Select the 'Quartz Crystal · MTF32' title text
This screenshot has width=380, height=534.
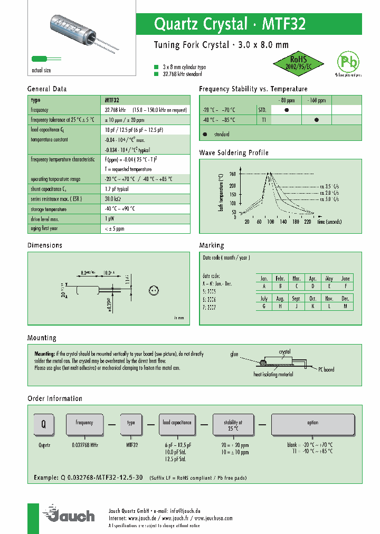click(x=230, y=24)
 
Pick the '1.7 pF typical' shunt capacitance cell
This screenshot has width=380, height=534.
click(x=117, y=188)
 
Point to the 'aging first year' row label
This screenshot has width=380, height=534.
click(x=45, y=228)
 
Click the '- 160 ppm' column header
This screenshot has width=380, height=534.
click(x=317, y=100)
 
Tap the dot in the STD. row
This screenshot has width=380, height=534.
click(x=287, y=110)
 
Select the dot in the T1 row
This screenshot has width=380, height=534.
click(x=317, y=120)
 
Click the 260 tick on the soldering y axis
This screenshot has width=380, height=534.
click(x=233, y=174)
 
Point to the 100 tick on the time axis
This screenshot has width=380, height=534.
click(x=271, y=222)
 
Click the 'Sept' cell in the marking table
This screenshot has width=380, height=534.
click(x=296, y=299)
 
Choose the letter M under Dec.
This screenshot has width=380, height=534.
click(x=345, y=306)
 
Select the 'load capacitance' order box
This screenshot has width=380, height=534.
click(x=177, y=424)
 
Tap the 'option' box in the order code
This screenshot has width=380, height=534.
click(x=312, y=424)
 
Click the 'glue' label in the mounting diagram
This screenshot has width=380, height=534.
click(x=234, y=355)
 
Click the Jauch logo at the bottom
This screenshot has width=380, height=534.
click(x=71, y=514)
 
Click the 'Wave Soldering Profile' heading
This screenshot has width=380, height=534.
click(x=233, y=152)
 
